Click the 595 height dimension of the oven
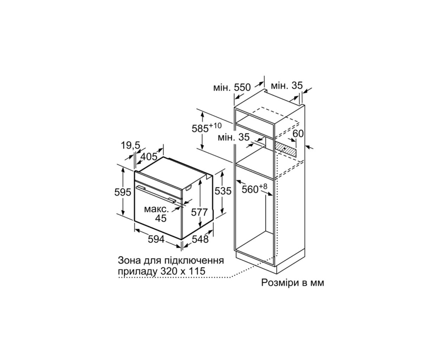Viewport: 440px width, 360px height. [123, 192]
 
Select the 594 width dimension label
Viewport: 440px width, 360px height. [156, 239]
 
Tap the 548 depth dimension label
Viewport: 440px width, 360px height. [200, 239]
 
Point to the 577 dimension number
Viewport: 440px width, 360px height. [199, 212]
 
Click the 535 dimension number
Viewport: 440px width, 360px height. [223, 191]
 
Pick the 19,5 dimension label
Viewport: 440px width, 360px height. [130, 146]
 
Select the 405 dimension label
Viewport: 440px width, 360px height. [149, 156]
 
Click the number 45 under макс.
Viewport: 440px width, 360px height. [161, 218]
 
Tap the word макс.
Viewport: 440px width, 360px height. [156, 209]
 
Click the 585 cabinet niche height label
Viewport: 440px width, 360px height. [200, 129]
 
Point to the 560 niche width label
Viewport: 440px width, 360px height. [250, 189]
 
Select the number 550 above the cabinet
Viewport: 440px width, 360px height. [242, 88]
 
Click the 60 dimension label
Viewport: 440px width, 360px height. [298, 134]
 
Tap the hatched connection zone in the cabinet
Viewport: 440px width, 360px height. [285, 149]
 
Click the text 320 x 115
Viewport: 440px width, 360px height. [183, 271]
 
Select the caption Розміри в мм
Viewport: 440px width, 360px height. [293, 283]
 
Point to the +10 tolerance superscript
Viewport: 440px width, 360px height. [215, 126]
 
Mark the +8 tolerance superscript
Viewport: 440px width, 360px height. [263, 186]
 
